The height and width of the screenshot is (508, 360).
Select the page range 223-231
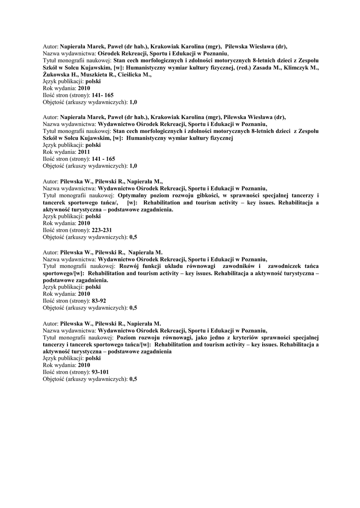[102, 230]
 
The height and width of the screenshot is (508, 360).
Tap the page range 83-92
[99, 301]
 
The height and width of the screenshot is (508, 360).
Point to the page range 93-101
[100, 372]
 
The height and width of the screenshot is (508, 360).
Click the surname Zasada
[261, 67]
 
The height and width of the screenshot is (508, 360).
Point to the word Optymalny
[134, 195]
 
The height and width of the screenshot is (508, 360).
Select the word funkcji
[153, 266]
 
